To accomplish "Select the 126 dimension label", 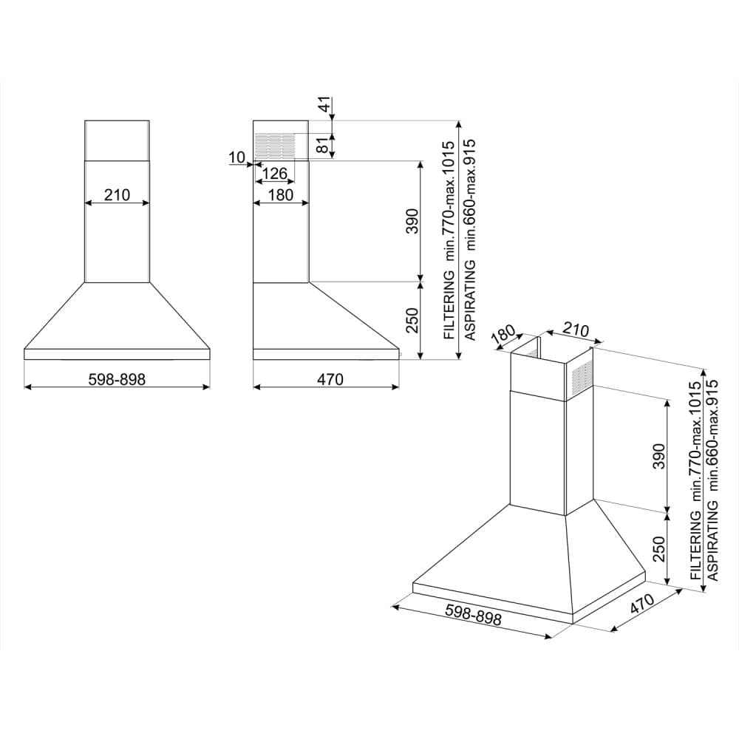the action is tap(274, 174).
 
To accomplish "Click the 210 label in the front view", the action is tap(117, 194).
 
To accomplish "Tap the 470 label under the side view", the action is tap(330, 379).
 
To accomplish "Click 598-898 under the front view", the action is tap(117, 379).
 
